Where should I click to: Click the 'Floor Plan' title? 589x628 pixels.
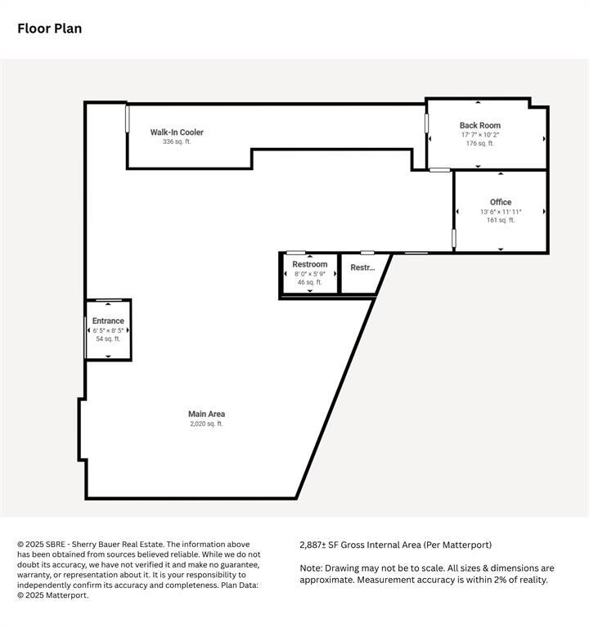click(50, 29)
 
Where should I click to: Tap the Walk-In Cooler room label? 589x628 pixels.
click(177, 132)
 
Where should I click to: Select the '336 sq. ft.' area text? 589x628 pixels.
click(177, 141)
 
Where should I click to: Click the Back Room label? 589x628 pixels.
click(480, 125)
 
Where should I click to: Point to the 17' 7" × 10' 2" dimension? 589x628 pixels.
click(480, 135)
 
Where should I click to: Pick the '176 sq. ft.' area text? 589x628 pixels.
click(480, 143)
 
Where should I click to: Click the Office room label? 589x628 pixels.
click(501, 202)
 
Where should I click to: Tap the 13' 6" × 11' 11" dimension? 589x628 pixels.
click(501, 212)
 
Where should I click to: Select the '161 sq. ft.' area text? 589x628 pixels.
click(501, 220)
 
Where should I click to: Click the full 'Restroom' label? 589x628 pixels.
click(310, 264)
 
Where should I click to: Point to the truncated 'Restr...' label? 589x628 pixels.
click(362, 267)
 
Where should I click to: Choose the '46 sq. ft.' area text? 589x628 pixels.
click(310, 282)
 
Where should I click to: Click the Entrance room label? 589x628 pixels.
click(108, 321)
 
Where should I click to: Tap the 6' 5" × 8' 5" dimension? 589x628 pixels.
click(108, 330)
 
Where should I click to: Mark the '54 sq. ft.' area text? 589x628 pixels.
click(108, 339)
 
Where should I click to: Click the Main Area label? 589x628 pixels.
click(207, 414)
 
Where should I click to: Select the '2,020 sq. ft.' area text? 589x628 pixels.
click(207, 424)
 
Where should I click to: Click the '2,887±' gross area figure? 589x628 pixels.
click(313, 545)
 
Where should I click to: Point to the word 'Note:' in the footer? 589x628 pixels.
click(312, 568)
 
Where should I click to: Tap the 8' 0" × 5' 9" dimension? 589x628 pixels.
click(310, 274)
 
